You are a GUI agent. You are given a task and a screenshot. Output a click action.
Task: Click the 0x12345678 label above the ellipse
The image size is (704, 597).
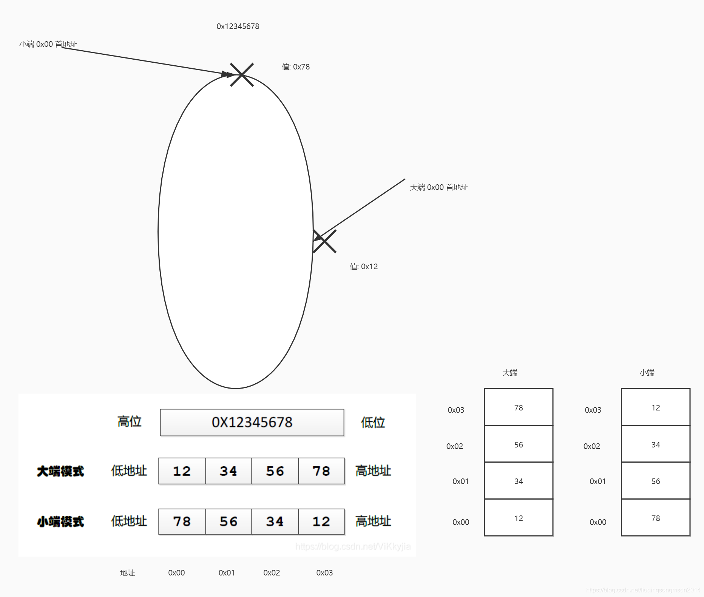[238, 26]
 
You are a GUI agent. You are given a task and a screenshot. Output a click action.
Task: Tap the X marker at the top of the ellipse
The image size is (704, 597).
[242, 75]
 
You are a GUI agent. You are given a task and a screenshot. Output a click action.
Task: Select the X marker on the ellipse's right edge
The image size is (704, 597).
[324, 241]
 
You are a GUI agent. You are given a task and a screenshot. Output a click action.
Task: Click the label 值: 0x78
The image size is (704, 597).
[295, 67]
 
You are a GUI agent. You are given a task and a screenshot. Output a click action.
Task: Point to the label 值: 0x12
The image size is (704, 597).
[363, 267]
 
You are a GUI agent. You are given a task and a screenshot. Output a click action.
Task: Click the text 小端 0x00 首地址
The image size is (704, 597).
[48, 44]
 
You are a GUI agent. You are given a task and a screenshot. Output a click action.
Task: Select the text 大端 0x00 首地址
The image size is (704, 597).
[439, 187]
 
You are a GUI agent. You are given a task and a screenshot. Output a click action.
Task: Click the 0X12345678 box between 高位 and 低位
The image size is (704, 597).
[252, 422]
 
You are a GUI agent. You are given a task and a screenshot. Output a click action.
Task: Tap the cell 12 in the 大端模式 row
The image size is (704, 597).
[182, 471]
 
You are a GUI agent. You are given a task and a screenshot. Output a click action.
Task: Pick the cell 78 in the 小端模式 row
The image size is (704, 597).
[182, 521]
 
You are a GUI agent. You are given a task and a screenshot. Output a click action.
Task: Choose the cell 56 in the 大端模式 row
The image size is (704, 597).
[275, 471]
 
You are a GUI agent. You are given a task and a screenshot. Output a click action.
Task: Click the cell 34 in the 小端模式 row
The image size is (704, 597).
[275, 521]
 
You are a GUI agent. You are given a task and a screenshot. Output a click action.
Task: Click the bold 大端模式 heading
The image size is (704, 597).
[60, 471]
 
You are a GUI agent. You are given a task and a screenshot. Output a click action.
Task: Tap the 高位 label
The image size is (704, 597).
[129, 421]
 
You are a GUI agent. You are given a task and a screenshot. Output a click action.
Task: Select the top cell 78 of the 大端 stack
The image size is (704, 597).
[519, 407]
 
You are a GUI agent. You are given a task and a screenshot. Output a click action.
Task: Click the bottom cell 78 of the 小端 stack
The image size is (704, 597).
[656, 518]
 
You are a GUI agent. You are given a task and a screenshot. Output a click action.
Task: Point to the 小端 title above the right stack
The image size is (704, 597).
[647, 373]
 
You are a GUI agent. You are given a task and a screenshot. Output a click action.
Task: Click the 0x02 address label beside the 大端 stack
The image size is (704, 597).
[454, 446]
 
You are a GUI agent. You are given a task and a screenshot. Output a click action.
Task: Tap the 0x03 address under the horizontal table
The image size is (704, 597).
[324, 573]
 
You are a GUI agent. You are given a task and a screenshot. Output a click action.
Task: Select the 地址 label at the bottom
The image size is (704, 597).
[127, 573]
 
